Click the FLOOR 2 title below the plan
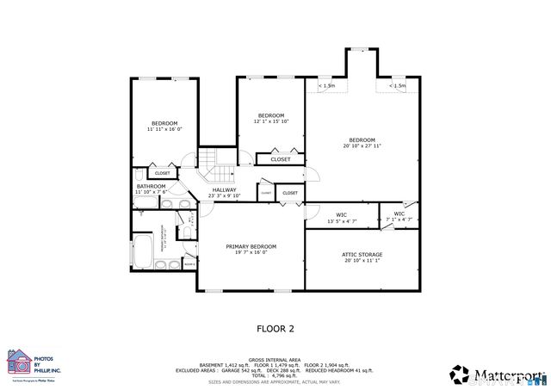pos(275,328)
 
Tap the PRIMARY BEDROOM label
pos(252,247)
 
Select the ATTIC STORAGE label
pos(362,255)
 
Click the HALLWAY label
pos(224,190)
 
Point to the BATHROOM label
pos(151,186)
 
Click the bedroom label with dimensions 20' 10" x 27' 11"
pos(362,140)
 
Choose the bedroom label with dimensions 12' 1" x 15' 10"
pos(271,115)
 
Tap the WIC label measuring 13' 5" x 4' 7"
pos(318,214)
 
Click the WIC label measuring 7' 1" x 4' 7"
pos(399,214)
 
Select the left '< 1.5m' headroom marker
pos(326,86)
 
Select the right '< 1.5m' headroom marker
pos(398,86)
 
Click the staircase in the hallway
pos(211,159)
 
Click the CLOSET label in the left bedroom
pos(163,173)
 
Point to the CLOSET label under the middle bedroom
pos(281,159)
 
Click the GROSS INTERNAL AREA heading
pos(275,359)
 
